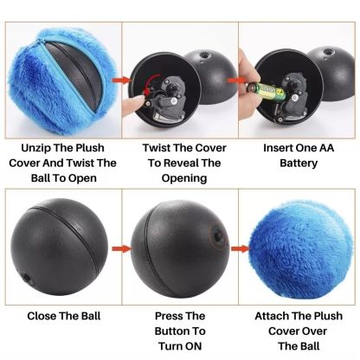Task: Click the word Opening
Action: (x=180, y=178)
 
